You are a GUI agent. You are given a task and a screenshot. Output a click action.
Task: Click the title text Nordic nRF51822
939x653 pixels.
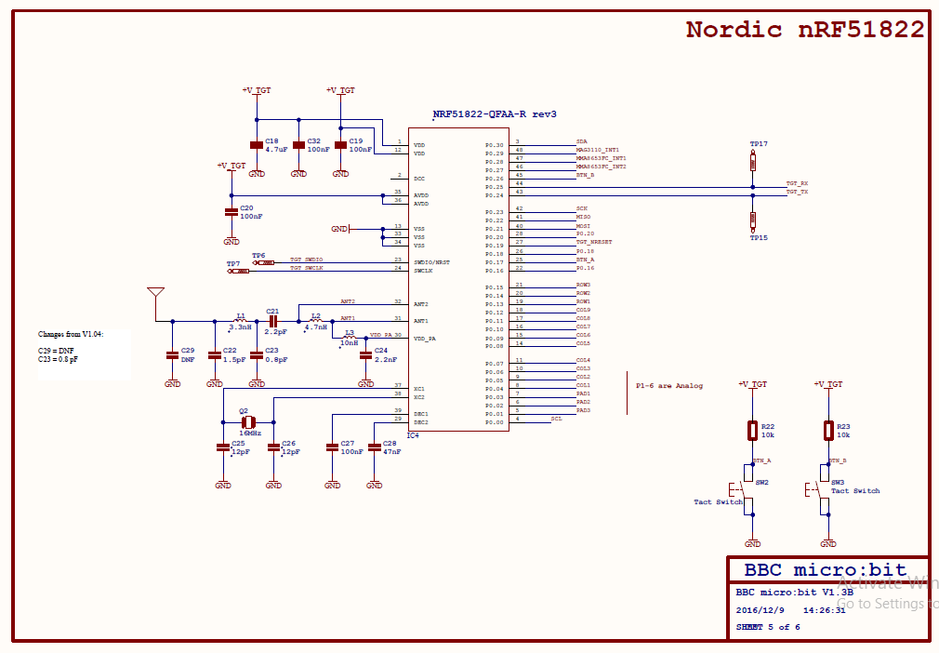pos(805,30)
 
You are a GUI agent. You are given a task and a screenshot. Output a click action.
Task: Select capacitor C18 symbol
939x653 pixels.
pos(257,145)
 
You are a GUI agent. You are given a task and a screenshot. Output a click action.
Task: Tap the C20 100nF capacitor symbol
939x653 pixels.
pos(231,212)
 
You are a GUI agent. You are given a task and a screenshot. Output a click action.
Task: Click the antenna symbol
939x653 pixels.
pos(155,296)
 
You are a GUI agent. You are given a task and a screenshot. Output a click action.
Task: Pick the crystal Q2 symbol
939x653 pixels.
pos(247,421)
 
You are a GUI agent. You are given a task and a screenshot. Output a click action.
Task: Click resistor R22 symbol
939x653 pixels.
pos(753,431)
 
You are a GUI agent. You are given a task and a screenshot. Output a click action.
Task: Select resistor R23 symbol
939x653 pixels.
pos(828,431)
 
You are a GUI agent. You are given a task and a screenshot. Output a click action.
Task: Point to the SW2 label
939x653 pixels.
pos(761,483)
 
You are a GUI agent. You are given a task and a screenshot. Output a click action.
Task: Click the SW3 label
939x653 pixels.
pos(838,483)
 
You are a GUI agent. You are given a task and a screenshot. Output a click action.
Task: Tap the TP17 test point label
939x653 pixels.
pos(759,144)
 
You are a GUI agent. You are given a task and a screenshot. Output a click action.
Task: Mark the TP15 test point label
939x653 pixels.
pos(759,237)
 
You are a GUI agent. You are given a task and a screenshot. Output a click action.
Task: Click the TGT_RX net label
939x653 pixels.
pos(797,184)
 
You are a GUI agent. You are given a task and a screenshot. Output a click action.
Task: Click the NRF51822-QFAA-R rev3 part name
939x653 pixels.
pos(495,114)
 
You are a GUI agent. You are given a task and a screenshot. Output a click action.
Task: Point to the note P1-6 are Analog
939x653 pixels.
pos(669,386)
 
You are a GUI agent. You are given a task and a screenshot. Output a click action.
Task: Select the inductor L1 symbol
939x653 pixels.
pos(241,322)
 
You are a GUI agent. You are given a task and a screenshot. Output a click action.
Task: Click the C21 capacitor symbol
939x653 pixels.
pos(273,321)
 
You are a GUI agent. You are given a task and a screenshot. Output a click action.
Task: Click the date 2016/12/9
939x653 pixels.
pos(760,611)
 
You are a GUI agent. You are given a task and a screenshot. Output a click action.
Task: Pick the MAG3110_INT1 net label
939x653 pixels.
pos(597,150)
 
